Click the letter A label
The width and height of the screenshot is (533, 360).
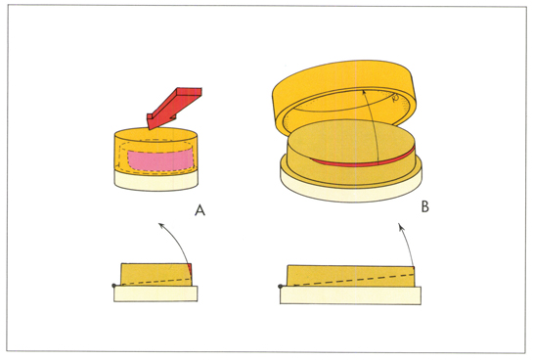pyautogui.click(x=200, y=210)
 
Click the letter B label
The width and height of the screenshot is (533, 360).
pyautogui.click(x=424, y=206)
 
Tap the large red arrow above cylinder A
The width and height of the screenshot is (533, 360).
pyautogui.click(x=173, y=108)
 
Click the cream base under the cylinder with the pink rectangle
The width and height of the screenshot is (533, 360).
pyautogui.click(x=156, y=181)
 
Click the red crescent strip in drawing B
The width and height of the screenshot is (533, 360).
pyautogui.click(x=364, y=160)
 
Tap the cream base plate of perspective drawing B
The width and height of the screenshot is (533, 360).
pyautogui.click(x=351, y=189)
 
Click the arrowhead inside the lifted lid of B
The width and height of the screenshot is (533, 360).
pyautogui.click(x=365, y=92)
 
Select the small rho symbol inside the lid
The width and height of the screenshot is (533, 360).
pyautogui.click(x=395, y=99)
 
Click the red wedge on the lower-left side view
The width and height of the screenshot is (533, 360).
pyautogui.click(x=190, y=270)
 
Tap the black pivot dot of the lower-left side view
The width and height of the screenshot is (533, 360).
pyautogui.click(x=114, y=286)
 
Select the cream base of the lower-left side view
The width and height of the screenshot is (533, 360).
pyautogui.click(x=155, y=293)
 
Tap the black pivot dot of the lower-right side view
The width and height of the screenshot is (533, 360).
pyautogui.click(x=281, y=287)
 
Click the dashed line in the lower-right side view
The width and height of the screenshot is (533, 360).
pyautogui.click(x=352, y=280)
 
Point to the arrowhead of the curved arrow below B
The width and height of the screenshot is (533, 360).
pyautogui.click(x=402, y=227)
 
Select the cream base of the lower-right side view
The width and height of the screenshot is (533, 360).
pyautogui.click(x=350, y=295)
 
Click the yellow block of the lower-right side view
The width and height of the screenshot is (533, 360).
pyautogui.click(x=351, y=276)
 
